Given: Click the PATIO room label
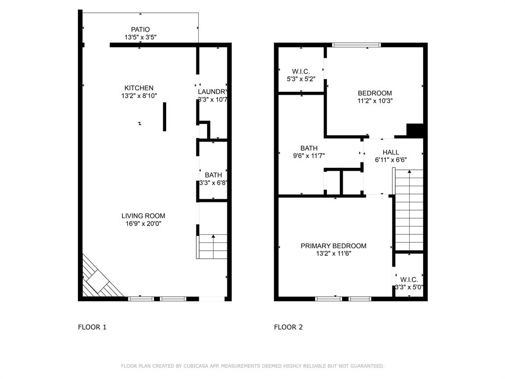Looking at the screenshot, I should pyautogui.click(x=140, y=30).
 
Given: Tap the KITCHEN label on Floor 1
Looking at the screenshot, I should pyautogui.click(x=139, y=88).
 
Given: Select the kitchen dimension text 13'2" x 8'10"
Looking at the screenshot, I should pyautogui.click(x=140, y=96).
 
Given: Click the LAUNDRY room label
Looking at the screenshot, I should pyautogui.click(x=213, y=92).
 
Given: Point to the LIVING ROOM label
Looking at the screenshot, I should pyautogui.click(x=143, y=216).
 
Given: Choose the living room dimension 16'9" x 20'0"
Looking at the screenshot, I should pyautogui.click(x=143, y=224).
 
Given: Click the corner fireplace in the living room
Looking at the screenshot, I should pyautogui.click(x=99, y=281).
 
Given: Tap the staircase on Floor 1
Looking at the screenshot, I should pyautogui.click(x=213, y=246).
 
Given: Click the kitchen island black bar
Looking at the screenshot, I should pyautogui.click(x=165, y=116).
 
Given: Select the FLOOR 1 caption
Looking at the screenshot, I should pyautogui.click(x=92, y=327).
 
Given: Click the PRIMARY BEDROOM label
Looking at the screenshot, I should pyautogui.click(x=333, y=246).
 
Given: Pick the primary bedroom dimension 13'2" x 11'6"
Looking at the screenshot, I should pyautogui.click(x=333, y=254).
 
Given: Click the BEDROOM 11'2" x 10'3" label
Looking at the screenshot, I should pyautogui.click(x=375, y=93).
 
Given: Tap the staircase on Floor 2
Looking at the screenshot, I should pyautogui.click(x=409, y=210).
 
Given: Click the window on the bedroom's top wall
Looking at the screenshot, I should pyautogui.click(x=356, y=45).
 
